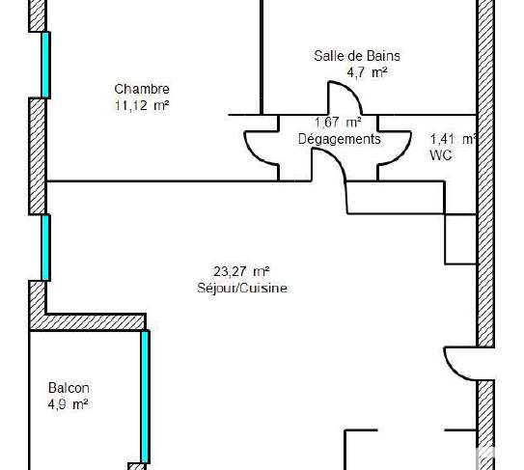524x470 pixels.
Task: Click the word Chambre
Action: click(x=142, y=89)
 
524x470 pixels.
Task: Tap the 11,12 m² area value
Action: click(x=142, y=105)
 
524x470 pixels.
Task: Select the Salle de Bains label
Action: click(x=357, y=55)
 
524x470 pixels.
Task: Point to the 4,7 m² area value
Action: click(x=367, y=72)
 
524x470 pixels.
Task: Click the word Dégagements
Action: click(x=339, y=139)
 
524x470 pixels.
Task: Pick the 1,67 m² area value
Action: click(x=338, y=123)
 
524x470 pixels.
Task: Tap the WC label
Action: click(x=441, y=155)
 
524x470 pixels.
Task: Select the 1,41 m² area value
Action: click(x=454, y=139)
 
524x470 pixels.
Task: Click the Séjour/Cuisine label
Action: click(x=242, y=289)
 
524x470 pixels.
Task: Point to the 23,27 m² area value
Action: click(x=241, y=271)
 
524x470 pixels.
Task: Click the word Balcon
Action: click(x=69, y=388)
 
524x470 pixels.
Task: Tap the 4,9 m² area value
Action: click(x=68, y=404)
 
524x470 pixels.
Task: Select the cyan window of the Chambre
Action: click(x=45, y=65)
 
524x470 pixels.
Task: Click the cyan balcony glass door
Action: click(x=145, y=397)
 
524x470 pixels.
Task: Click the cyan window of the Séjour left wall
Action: click(x=45, y=247)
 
